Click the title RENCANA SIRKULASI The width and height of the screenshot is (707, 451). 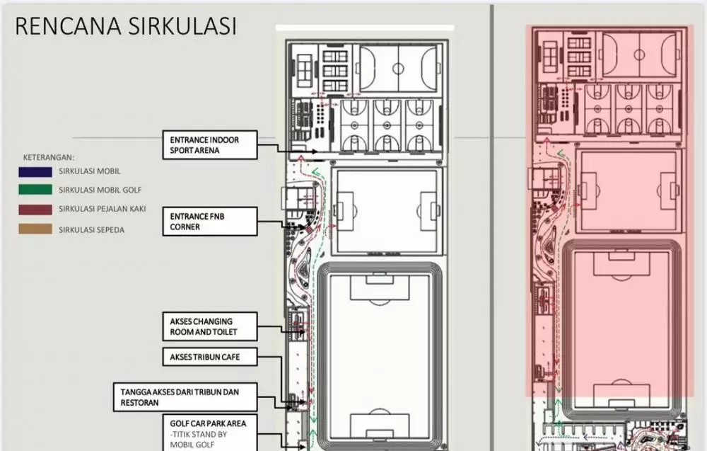126,25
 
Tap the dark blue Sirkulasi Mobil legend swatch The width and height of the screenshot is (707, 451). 35,171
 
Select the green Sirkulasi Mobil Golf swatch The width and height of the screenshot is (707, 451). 35,190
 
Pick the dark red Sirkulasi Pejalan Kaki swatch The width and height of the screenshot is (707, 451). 35,210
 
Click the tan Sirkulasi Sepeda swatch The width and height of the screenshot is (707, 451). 35,229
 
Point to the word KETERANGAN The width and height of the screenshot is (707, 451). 49,158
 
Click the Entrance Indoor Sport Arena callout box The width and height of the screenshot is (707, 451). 210,145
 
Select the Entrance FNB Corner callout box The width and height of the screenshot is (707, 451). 210,221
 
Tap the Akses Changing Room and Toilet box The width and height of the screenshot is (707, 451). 210,326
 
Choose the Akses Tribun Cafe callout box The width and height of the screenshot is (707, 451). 210,357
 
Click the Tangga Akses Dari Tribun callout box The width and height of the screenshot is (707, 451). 185,397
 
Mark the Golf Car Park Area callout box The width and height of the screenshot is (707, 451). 210,433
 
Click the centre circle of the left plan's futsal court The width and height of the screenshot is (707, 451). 398,69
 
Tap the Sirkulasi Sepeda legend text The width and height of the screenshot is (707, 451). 91,230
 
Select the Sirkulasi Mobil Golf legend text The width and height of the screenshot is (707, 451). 100,190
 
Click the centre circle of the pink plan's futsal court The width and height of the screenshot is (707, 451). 639,55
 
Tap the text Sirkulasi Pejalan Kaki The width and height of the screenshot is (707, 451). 103,209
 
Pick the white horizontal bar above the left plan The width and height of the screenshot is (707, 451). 365,28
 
